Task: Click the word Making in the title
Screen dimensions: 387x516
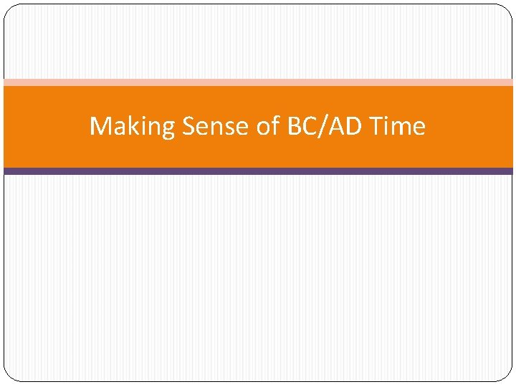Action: tap(133, 127)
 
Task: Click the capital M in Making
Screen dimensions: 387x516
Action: tap(100, 127)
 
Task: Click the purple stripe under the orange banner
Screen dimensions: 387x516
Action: tap(258, 171)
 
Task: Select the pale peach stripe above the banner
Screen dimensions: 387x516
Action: tap(258, 82)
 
